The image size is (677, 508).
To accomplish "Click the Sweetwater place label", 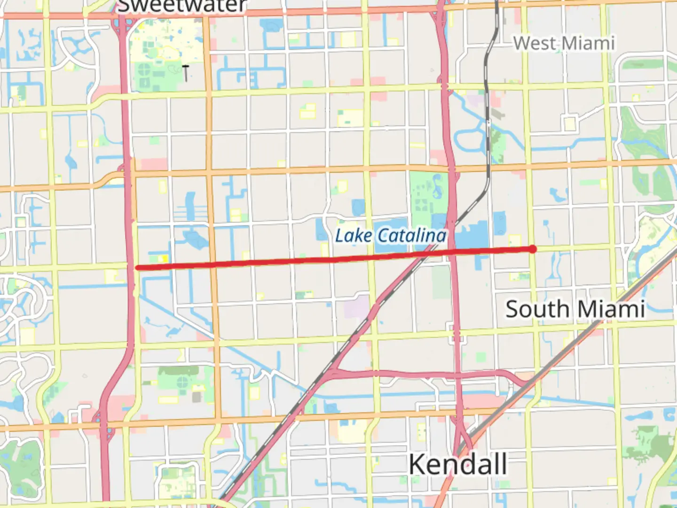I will click(x=181, y=6).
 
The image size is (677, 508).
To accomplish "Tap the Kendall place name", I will click(x=458, y=464).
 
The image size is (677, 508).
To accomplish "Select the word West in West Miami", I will click(x=535, y=43).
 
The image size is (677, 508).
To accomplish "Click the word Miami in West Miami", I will click(x=588, y=43).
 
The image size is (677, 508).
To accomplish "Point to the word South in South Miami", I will click(x=537, y=309).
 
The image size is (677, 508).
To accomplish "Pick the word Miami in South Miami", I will click(x=611, y=309).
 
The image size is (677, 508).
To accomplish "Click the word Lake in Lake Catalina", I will click(x=354, y=235).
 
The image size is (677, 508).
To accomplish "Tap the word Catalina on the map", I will click(x=412, y=235).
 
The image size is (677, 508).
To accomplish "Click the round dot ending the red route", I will click(x=532, y=249).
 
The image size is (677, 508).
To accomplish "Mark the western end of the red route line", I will click(x=137, y=268).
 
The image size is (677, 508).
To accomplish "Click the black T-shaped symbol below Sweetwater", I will click(x=186, y=72).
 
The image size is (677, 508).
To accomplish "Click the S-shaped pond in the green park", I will click(x=438, y=186).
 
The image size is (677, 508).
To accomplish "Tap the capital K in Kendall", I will click(x=418, y=464).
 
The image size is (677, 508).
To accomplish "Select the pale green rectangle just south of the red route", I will click(x=441, y=281).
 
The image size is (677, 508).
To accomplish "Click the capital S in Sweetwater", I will click(x=123, y=6).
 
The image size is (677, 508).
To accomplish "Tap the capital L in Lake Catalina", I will click(x=339, y=235).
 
